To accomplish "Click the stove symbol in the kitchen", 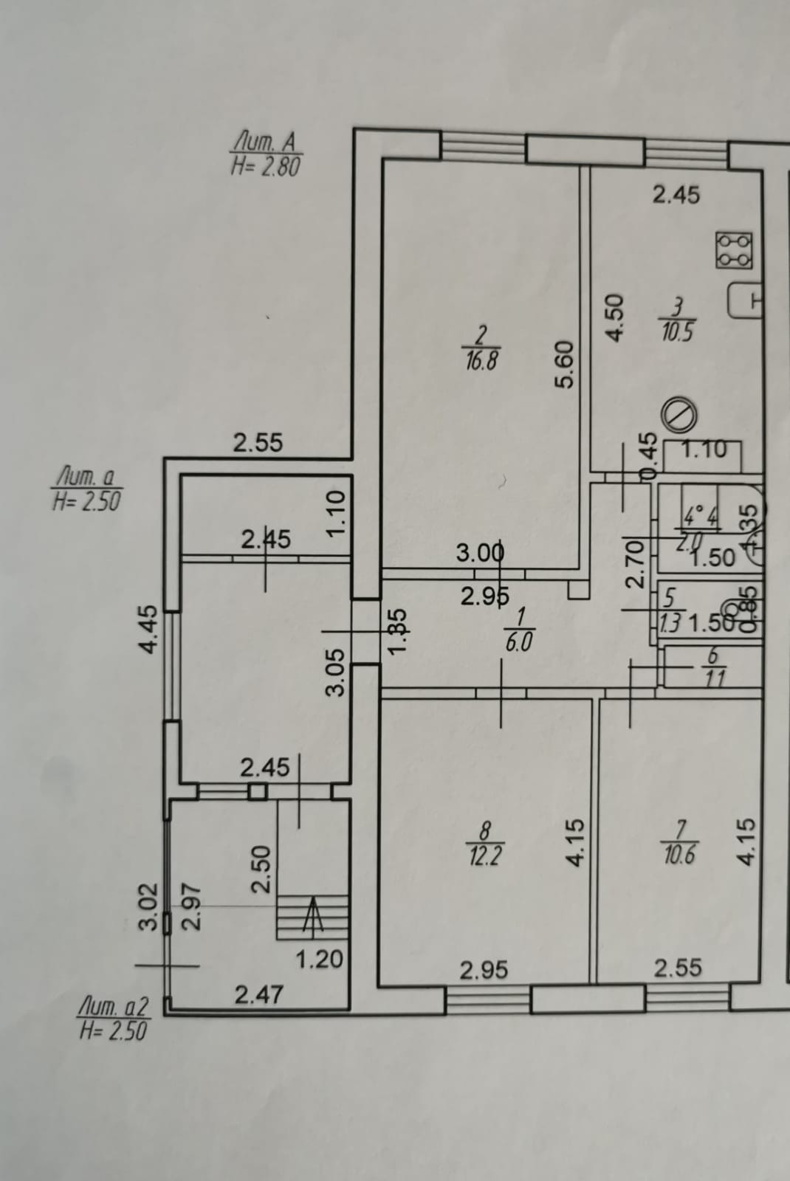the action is [x=735, y=250].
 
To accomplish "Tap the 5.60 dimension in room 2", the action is [x=564, y=364].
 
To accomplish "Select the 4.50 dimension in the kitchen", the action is [x=615, y=317].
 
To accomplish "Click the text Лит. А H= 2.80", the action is [x=266, y=154].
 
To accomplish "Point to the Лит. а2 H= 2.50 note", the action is [x=114, y=1018].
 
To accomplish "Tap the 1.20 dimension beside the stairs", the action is [x=320, y=960].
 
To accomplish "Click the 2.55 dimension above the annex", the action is [x=258, y=443].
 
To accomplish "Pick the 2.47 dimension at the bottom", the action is [x=258, y=994].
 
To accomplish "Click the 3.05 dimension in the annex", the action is [x=336, y=672].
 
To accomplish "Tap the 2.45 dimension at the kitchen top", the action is [x=676, y=195].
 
